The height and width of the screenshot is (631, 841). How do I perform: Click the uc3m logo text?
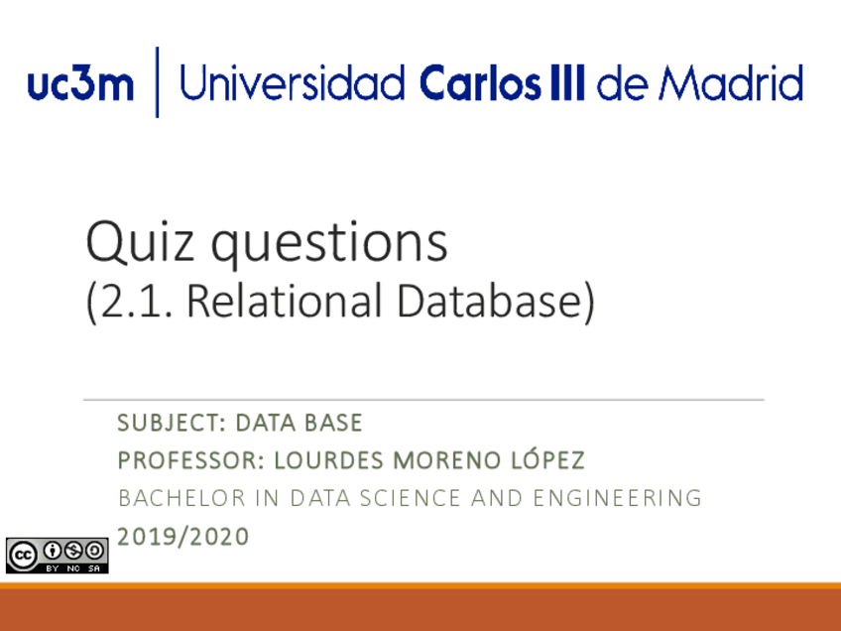81,85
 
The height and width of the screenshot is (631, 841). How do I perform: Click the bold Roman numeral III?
567,83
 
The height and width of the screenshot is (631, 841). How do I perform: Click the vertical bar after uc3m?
157,82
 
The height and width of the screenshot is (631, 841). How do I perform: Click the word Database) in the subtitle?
494,303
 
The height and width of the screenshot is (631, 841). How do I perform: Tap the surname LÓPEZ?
544,461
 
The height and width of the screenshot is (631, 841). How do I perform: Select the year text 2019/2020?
183,537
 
